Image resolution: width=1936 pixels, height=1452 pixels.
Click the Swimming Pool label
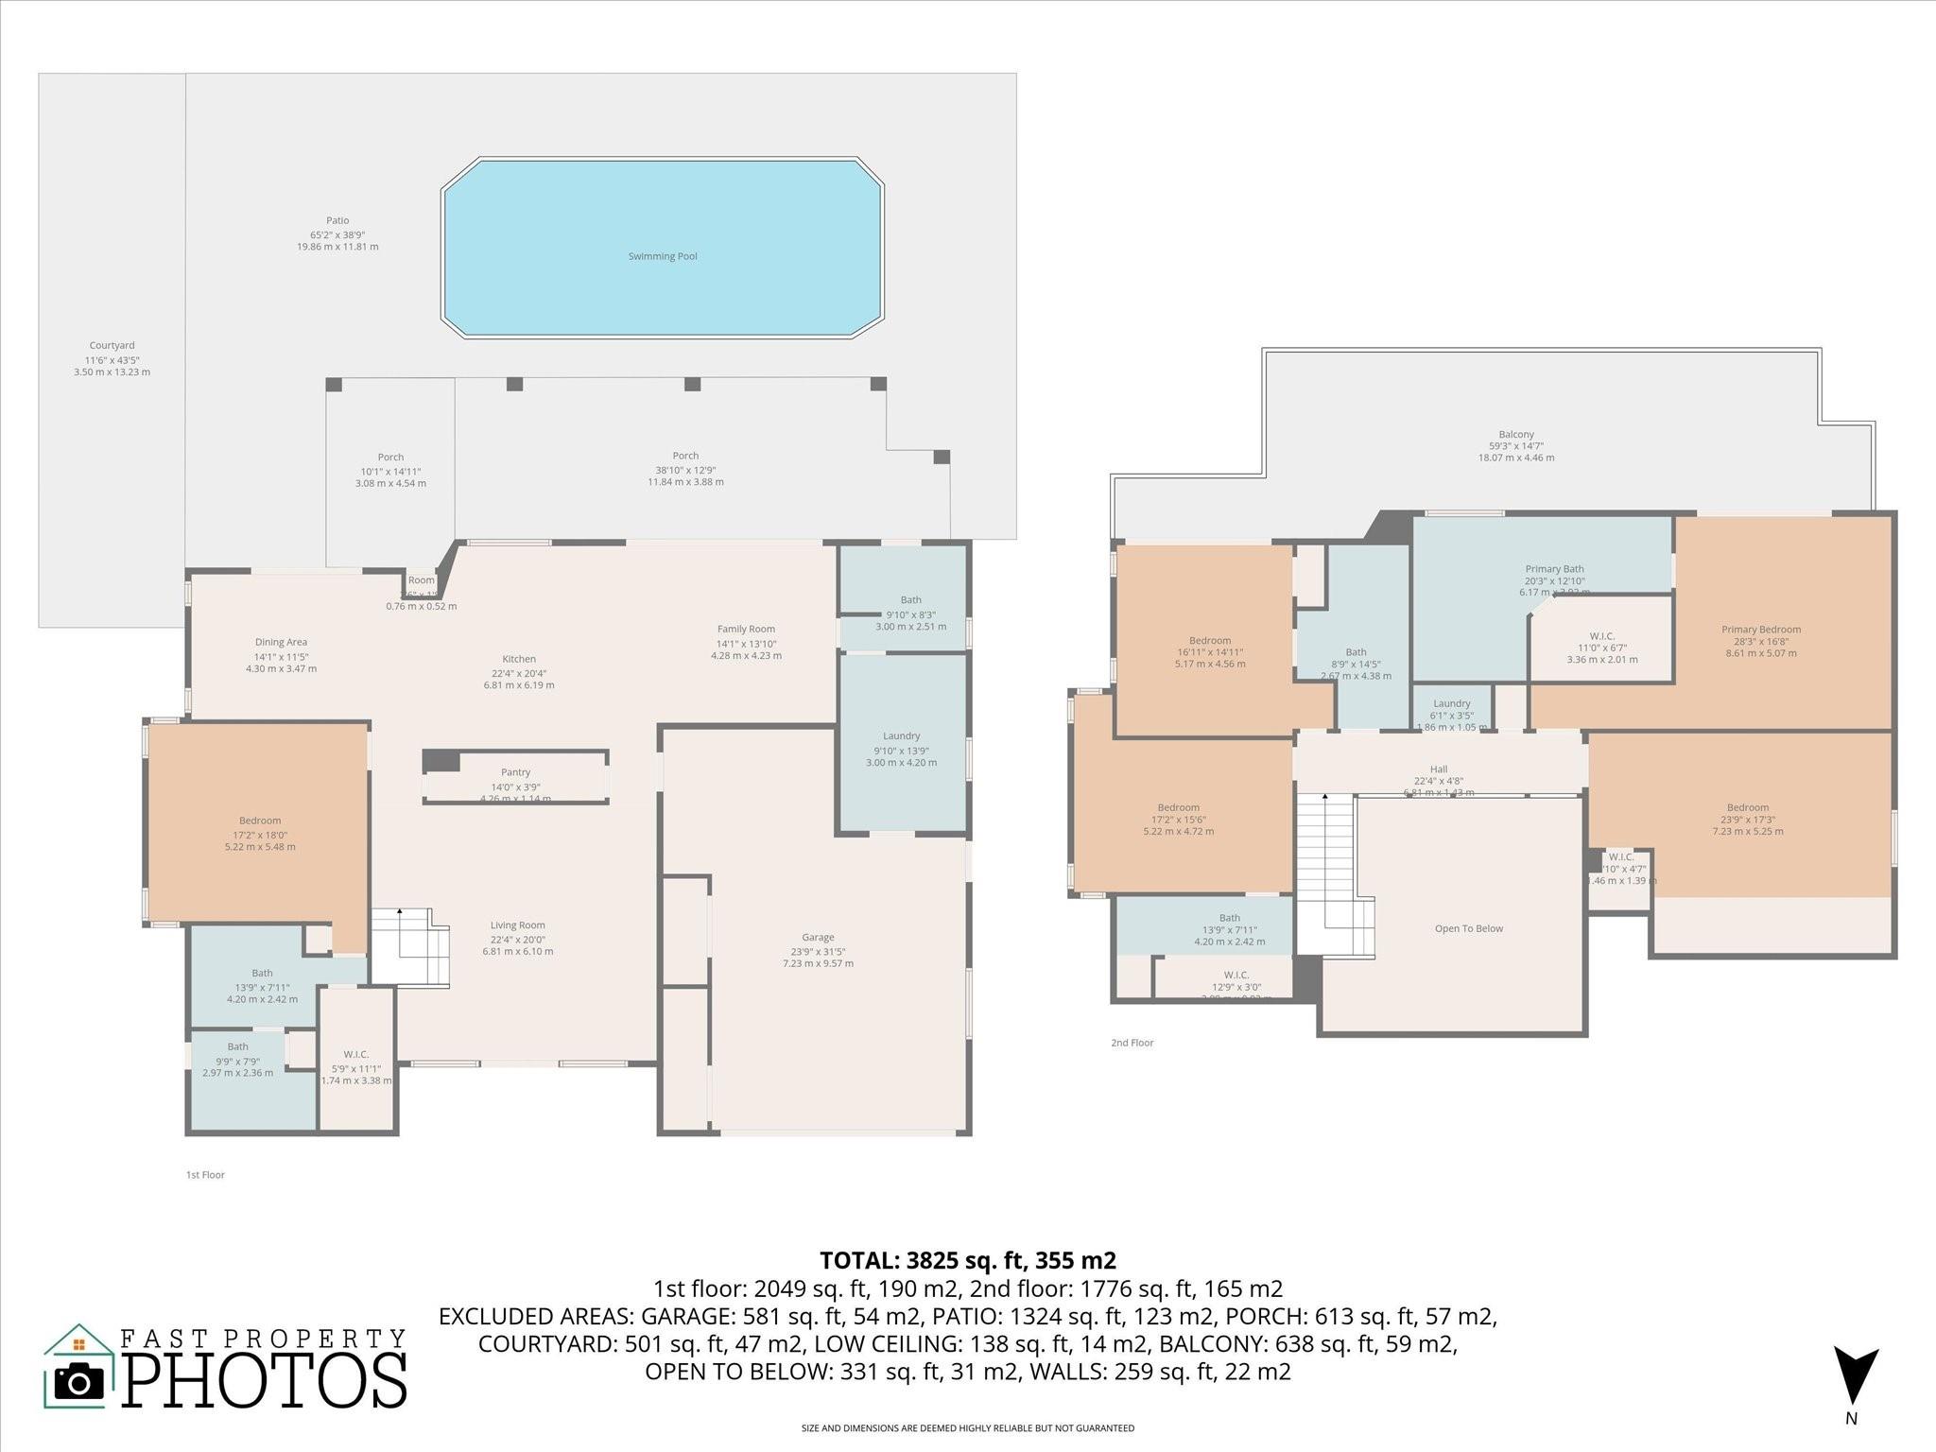click(x=663, y=256)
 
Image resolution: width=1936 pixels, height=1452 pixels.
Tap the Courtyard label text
click(x=112, y=346)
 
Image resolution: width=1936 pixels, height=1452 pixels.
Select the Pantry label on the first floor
click(x=515, y=772)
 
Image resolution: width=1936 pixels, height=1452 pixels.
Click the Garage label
click(x=818, y=938)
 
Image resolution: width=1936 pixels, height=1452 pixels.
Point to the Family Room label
click(x=746, y=629)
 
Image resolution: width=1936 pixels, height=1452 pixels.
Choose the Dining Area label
click(x=281, y=642)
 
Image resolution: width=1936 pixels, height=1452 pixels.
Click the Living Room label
click(x=517, y=925)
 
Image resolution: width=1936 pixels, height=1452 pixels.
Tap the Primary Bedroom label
click(x=1760, y=630)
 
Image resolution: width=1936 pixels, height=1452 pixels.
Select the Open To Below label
click(x=1468, y=928)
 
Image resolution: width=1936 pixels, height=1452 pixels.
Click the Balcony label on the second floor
click(x=1515, y=435)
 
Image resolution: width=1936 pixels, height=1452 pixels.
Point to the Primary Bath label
click(x=1554, y=569)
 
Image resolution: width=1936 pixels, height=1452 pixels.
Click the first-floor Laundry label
click(x=901, y=735)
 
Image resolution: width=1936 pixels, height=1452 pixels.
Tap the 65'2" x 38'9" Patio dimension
click(x=337, y=234)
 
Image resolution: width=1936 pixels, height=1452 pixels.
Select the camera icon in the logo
click(x=79, y=1383)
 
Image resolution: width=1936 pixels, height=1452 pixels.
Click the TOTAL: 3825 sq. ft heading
click(x=967, y=1260)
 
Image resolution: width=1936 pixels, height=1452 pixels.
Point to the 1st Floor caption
click(x=205, y=1175)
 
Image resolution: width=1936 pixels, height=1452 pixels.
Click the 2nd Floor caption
click(x=1132, y=1043)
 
